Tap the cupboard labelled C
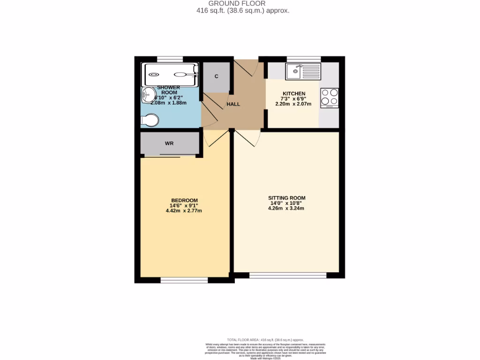(x=216, y=76)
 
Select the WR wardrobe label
(x=169, y=143)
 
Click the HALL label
(x=233, y=104)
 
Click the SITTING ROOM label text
(x=286, y=198)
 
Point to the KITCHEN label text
(x=294, y=94)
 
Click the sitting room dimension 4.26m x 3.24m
(x=286, y=208)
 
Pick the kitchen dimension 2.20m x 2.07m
(x=294, y=104)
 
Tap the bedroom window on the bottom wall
(x=184, y=280)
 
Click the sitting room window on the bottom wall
(x=288, y=276)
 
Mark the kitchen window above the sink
(x=304, y=59)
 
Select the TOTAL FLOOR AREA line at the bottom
(x=265, y=339)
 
